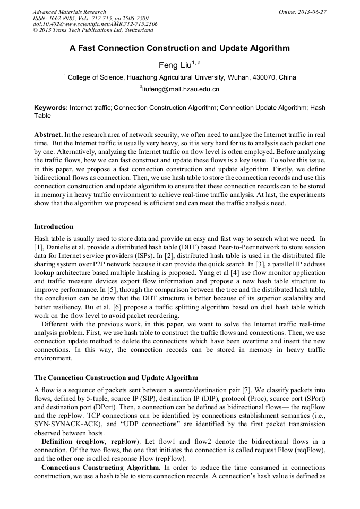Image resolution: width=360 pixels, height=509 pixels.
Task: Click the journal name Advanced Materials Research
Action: [x=70, y=12]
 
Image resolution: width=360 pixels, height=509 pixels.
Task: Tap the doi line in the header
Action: [x=95, y=24]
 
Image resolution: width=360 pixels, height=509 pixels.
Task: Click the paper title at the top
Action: [x=179, y=48]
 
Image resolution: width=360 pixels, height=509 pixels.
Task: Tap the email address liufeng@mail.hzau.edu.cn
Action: [x=181, y=89]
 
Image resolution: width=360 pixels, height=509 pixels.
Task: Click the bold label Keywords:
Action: [x=51, y=107]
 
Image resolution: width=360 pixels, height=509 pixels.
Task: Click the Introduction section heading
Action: [x=54, y=227]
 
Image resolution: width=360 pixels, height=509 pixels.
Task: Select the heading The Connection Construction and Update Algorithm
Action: [x=116, y=378]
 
